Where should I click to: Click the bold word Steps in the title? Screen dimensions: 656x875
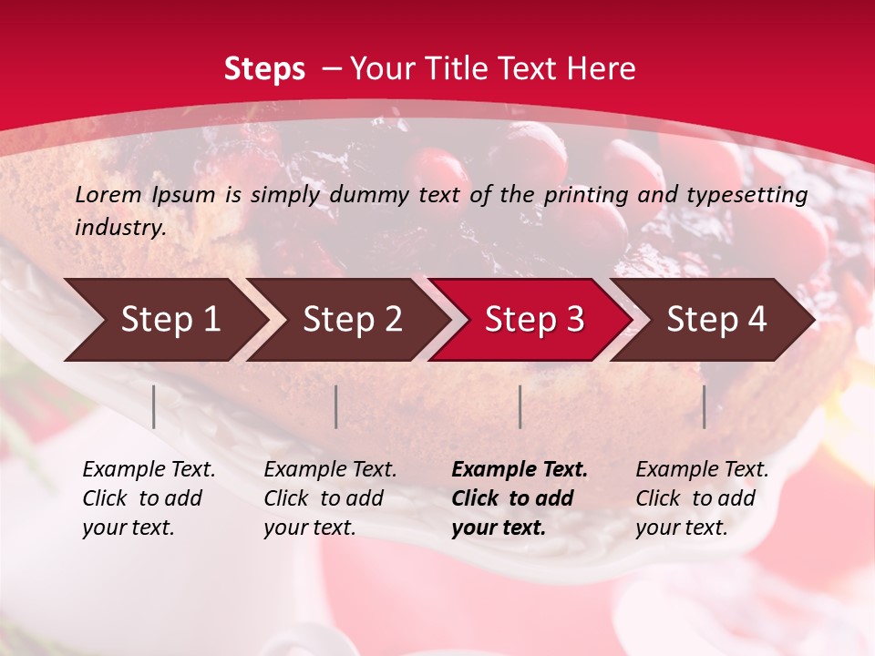pos(264,69)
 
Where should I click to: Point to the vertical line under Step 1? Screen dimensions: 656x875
pos(154,406)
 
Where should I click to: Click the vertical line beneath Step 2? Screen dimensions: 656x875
pos(336,406)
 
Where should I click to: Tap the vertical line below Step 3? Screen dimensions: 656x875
pos(520,406)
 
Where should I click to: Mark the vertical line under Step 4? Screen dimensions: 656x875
pos(705,406)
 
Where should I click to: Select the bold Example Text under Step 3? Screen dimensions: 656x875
pos(520,498)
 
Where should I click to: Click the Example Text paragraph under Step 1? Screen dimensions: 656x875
pos(149,498)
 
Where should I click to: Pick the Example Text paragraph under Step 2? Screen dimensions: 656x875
pos(330,498)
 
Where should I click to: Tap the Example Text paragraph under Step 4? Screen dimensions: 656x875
pos(702,498)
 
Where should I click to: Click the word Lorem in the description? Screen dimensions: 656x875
pos(108,194)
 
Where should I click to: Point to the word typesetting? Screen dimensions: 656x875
pos(749,194)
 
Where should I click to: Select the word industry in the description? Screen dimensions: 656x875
pos(119,228)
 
